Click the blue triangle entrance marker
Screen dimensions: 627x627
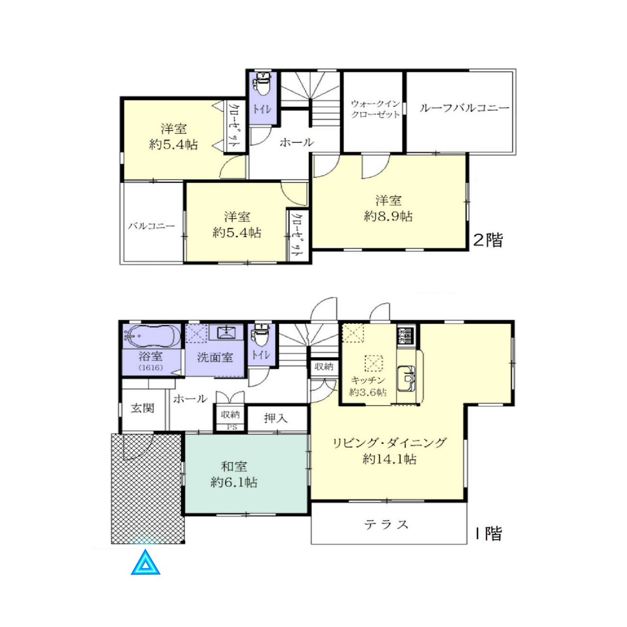tap(145, 563)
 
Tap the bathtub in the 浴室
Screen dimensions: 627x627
tap(152, 336)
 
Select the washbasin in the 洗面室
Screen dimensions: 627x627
tap(226, 333)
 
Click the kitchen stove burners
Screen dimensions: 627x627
tap(406, 336)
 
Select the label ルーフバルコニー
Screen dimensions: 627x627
tap(464, 108)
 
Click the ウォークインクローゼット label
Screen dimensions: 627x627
tap(375, 109)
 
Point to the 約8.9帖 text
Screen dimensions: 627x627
tap(388, 216)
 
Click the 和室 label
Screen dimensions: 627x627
tap(234, 467)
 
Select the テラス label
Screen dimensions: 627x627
tap(386, 525)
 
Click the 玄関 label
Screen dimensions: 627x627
tap(143, 408)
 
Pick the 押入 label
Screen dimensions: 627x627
tap(276, 418)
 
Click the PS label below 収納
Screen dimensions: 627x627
tap(232, 428)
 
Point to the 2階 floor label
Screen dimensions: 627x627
tap(488, 240)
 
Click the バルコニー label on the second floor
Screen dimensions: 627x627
tap(151, 226)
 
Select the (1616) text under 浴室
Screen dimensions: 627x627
tap(151, 368)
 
